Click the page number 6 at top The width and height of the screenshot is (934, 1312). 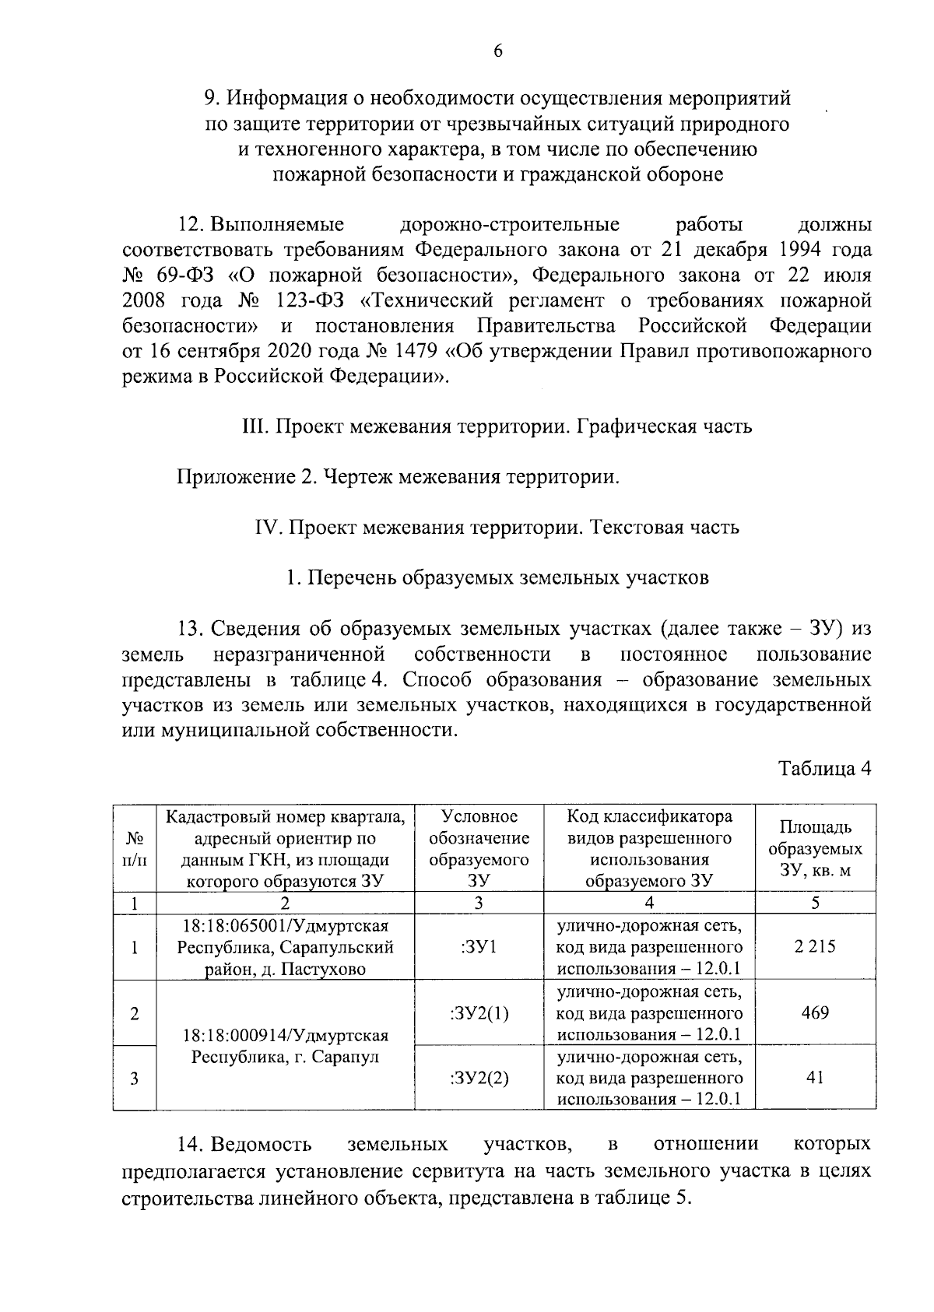coord(498,51)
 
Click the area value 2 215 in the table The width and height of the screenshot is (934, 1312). coord(816,947)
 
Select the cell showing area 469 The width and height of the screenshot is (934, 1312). coord(816,1012)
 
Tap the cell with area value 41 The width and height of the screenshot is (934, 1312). coord(816,1078)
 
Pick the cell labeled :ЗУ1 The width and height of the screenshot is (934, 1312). coord(479,947)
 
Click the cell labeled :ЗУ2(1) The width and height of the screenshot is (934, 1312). coord(479,1012)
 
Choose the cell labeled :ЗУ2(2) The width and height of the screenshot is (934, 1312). coord(479,1078)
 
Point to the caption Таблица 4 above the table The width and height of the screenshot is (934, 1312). coord(824,769)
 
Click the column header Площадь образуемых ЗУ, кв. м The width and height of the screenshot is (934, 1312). coord(816,848)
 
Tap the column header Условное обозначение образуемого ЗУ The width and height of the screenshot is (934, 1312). coord(479,848)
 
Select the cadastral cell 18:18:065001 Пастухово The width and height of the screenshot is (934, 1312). coord(285,947)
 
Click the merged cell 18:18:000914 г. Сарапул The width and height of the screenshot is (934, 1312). coord(285,1046)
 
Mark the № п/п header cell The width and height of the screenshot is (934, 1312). coord(135,848)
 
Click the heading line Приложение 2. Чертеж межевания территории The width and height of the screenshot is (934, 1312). coord(398,476)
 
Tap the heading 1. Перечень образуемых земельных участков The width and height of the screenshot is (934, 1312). coord(498,577)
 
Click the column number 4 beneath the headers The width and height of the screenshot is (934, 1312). coord(649,903)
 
